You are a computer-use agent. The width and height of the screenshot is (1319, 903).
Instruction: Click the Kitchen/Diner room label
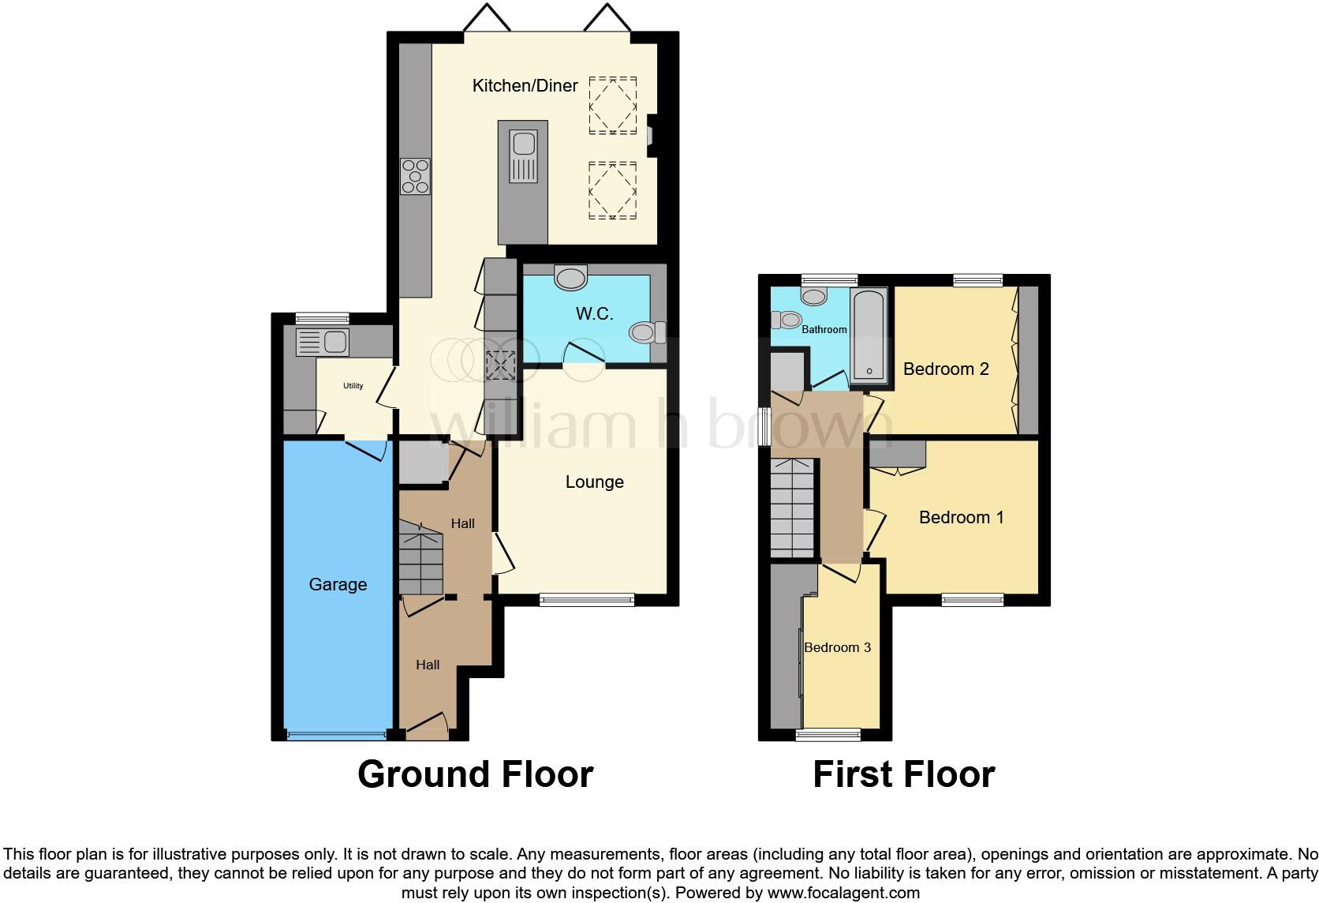click(525, 85)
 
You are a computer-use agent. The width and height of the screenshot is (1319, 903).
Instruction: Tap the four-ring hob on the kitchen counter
click(416, 176)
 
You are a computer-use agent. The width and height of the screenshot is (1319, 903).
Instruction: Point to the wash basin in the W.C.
click(571, 277)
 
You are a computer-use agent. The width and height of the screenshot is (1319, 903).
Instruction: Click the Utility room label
click(353, 386)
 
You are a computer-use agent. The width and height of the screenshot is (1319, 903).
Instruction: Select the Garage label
click(338, 584)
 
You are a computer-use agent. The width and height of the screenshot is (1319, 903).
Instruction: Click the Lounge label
click(594, 481)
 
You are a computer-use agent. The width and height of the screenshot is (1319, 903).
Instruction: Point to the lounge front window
click(587, 601)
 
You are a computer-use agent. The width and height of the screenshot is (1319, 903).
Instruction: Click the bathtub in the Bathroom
click(869, 333)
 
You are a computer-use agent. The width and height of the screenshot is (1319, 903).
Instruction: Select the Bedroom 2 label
click(946, 369)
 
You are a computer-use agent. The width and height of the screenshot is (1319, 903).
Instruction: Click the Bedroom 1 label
click(961, 517)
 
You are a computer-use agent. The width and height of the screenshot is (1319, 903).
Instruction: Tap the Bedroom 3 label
click(837, 647)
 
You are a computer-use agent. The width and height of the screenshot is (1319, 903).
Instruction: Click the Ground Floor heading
click(475, 774)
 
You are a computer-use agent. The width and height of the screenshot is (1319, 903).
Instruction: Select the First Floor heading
click(903, 774)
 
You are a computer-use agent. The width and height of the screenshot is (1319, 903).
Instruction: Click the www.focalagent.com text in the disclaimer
click(843, 894)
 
